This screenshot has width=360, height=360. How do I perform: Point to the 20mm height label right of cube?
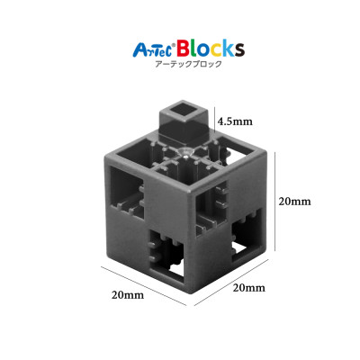coord(293,202)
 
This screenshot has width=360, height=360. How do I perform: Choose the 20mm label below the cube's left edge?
coord(128,293)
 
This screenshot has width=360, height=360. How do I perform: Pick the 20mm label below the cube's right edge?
coord(249,288)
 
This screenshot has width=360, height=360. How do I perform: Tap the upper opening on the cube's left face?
coord(128,197)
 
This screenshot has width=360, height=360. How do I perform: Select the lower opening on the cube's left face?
coord(167,254)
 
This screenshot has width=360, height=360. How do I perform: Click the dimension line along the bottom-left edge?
coord(143,286)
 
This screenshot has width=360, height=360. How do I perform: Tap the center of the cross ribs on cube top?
coord(184,154)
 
